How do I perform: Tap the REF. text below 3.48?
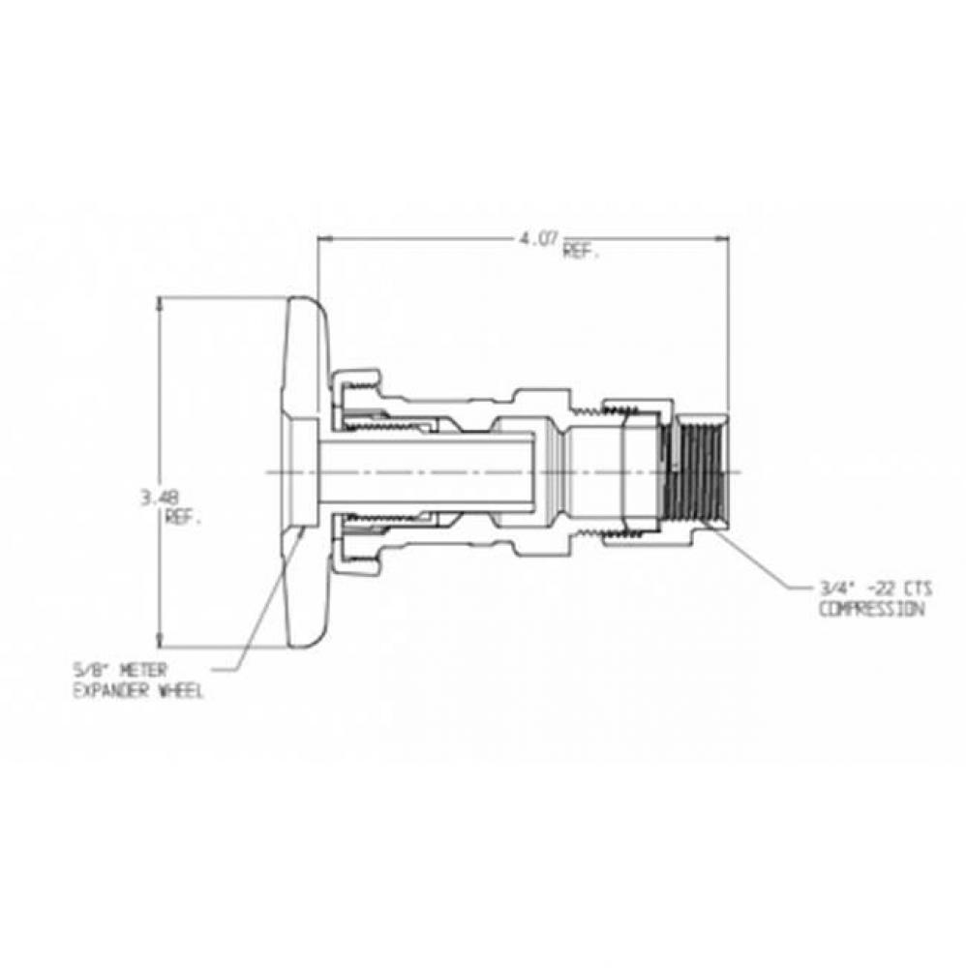[x=183, y=517]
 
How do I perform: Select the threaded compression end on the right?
[x=693, y=471]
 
